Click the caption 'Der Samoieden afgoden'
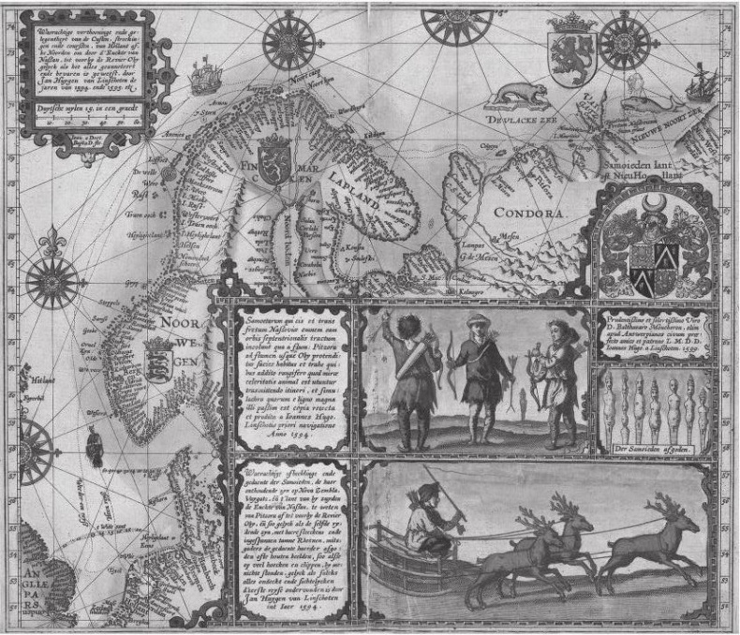tap(651, 448)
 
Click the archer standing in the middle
tap(481, 375)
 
